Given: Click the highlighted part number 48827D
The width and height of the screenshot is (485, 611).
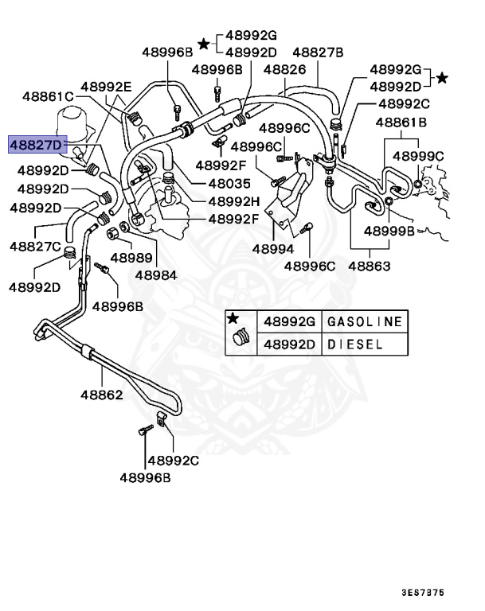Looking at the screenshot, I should point(35,145).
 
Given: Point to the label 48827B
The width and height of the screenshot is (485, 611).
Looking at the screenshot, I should point(318,53).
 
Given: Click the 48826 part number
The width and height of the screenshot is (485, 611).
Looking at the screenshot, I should point(284,70).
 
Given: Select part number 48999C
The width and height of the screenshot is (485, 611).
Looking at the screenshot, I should point(418,156).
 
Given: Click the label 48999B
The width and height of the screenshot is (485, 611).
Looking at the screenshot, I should point(389,232).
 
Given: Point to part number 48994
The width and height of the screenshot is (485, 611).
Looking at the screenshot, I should point(273,248).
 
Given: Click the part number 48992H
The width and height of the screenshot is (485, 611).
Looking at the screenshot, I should point(234,200).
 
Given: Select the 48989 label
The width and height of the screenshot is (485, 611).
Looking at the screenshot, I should point(131,257).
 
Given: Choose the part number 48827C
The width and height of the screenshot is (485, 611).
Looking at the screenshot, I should point(36,247).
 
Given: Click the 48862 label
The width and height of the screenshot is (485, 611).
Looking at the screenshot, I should point(101,394).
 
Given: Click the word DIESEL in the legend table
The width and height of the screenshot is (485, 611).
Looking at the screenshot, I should point(357,344).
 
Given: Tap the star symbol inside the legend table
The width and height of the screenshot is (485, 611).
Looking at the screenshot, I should point(233,319).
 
